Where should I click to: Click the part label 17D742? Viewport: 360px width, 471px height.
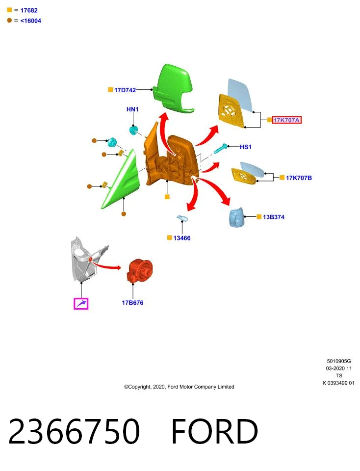click(x=125, y=90)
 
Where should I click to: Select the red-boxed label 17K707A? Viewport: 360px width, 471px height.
click(x=286, y=120)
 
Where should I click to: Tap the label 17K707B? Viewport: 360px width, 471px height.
click(x=299, y=178)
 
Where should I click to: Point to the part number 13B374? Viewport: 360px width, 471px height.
click(x=274, y=217)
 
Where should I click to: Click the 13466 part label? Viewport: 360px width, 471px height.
click(x=182, y=238)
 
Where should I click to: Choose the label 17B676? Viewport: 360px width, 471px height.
click(x=132, y=303)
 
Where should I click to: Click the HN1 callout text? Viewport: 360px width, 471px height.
click(x=132, y=109)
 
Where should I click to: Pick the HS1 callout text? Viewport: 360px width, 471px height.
click(x=246, y=147)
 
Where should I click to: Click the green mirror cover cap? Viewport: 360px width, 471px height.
click(x=173, y=89)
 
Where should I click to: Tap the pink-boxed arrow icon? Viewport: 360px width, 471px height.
click(x=81, y=304)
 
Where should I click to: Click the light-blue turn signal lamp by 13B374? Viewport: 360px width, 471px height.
click(x=236, y=217)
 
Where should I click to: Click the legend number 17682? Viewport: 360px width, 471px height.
click(x=29, y=10)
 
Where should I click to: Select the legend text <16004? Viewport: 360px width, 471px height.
click(x=30, y=21)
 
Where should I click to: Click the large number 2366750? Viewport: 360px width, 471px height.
click(x=74, y=431)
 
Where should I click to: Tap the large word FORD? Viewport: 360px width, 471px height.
click(x=214, y=431)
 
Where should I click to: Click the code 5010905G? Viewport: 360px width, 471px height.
click(x=339, y=361)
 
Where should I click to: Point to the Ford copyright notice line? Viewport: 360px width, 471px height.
click(x=179, y=387)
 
